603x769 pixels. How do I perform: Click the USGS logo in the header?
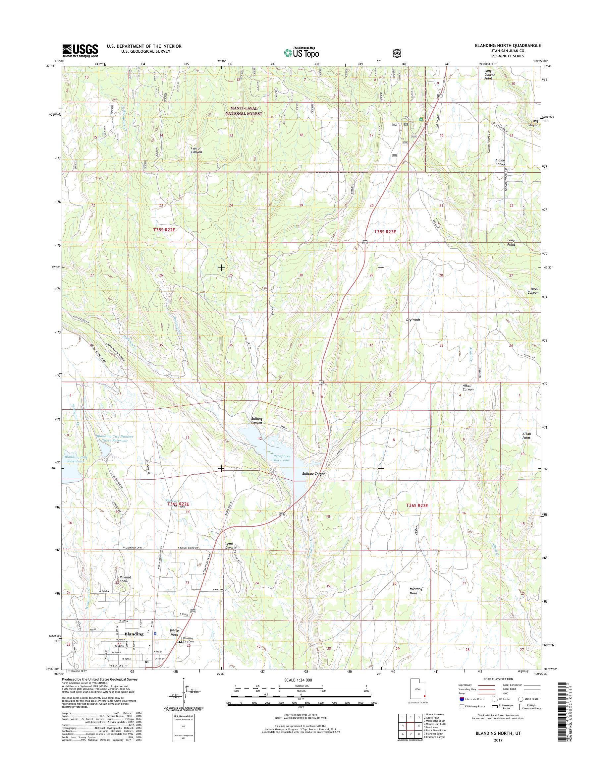(80, 50)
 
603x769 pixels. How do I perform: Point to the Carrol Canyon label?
(196, 150)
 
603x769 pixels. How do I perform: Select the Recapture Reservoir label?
(281, 458)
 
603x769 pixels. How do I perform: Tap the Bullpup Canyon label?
(313, 474)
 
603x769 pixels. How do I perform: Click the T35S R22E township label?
(164, 230)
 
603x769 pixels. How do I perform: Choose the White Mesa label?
(174, 632)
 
